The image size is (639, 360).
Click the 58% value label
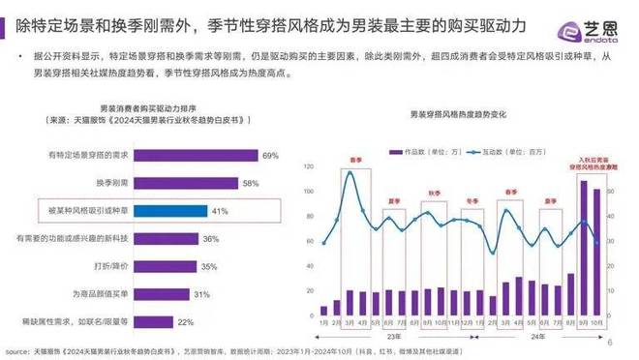(x=251, y=182)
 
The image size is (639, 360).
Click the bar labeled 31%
(x=166, y=294)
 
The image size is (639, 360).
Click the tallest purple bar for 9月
(x=584, y=241)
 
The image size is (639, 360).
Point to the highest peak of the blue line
(x=350, y=173)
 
